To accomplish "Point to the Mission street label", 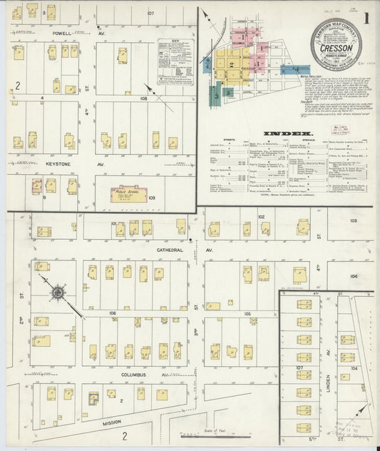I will (x=111, y=422).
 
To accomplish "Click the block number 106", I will (x=112, y=313).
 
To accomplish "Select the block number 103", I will (x=353, y=221).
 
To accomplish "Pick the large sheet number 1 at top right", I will (x=366, y=19).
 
